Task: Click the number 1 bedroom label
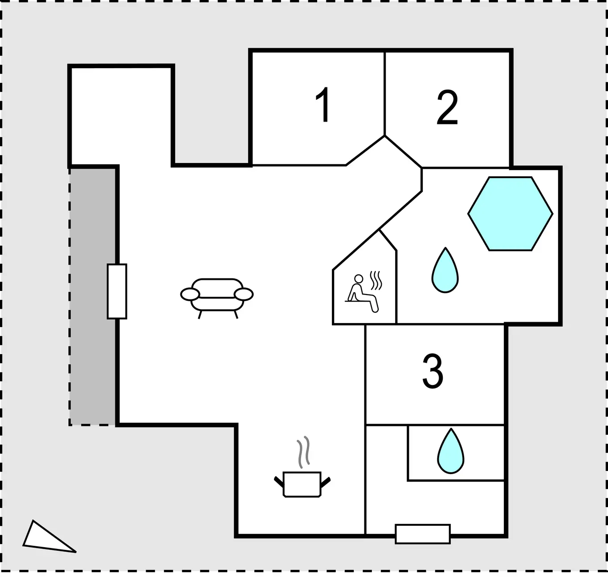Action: tap(323, 104)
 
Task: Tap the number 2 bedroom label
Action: tap(447, 107)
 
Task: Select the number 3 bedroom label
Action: tap(433, 371)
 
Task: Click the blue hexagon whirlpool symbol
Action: tap(510, 214)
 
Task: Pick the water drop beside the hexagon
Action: tap(445, 270)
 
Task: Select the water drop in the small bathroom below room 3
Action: tap(450, 451)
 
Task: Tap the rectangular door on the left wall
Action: tap(117, 291)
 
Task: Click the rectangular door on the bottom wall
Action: tap(422, 534)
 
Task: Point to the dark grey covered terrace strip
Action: tap(92, 296)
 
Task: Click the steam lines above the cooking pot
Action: tap(303, 452)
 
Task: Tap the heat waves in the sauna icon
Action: tap(376, 280)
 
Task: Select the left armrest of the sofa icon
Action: tap(190, 295)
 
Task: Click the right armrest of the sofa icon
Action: tap(244, 294)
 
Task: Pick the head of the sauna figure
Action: tap(359, 278)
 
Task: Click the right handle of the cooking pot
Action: tap(325, 482)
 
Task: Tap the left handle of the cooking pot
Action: tap(279, 482)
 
